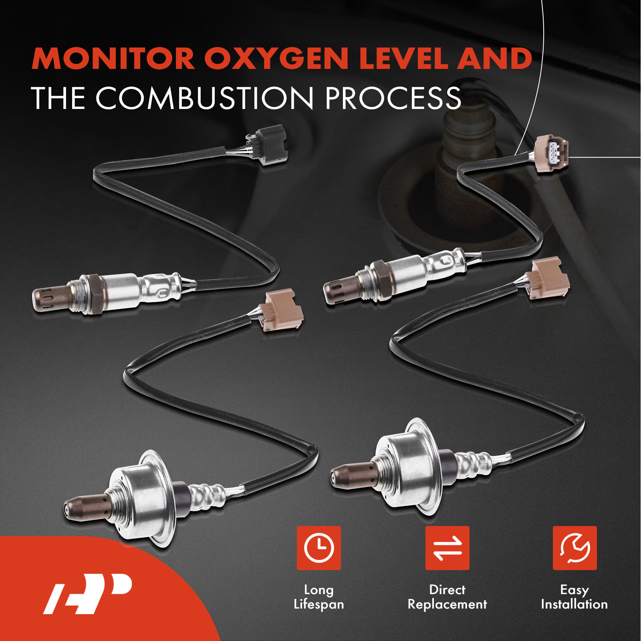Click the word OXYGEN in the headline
[x=276, y=58]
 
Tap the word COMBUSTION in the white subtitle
[x=204, y=98]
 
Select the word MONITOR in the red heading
[x=113, y=58]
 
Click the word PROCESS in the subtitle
[x=393, y=98]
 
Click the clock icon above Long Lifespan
[x=319, y=548]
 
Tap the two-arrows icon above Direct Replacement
[x=447, y=548]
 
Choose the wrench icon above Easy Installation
[x=574, y=548]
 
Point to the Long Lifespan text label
[x=319, y=597]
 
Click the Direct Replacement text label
[x=447, y=597]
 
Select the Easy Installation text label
[x=574, y=597]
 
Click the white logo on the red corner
[x=87, y=593]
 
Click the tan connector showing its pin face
[x=552, y=153]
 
